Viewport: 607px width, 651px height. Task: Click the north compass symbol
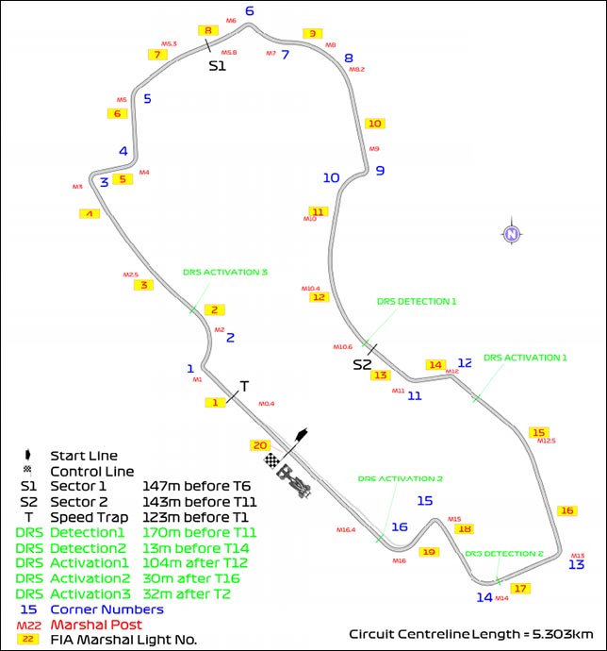511,234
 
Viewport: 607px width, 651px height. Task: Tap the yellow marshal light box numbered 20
260,444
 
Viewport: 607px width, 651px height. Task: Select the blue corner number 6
250,11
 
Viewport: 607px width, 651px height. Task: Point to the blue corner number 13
577,564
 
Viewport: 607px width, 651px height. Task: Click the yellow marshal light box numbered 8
208,30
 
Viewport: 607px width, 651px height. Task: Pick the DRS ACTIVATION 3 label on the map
225,272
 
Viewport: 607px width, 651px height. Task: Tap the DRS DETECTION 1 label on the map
416,302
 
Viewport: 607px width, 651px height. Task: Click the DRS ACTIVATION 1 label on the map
525,358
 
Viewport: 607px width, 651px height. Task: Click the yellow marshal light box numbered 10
374,124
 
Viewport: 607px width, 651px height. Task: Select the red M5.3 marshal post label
169,43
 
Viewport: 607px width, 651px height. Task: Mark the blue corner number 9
380,171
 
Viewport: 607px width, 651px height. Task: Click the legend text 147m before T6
194,487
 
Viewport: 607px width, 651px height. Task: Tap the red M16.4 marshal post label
346,530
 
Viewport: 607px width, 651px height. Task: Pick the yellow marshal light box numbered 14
435,364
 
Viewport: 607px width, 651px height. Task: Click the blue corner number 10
330,177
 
